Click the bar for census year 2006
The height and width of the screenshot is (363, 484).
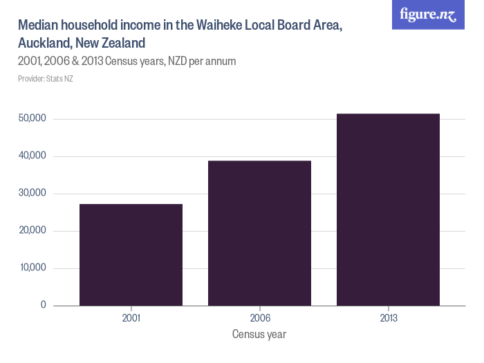[259, 233]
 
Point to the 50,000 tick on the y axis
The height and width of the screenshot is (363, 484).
[32, 119]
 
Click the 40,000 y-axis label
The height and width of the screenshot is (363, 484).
[32, 156]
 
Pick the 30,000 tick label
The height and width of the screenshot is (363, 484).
[32, 194]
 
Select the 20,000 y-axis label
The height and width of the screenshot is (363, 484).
[32, 231]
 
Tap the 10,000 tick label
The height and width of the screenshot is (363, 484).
[32, 268]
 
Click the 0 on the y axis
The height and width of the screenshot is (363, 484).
[43, 305]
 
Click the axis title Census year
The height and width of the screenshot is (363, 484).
[259, 335]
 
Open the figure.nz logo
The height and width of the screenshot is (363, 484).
[428, 15]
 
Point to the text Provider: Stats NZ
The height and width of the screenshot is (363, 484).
[46, 79]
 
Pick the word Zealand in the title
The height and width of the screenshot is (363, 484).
[122, 43]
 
